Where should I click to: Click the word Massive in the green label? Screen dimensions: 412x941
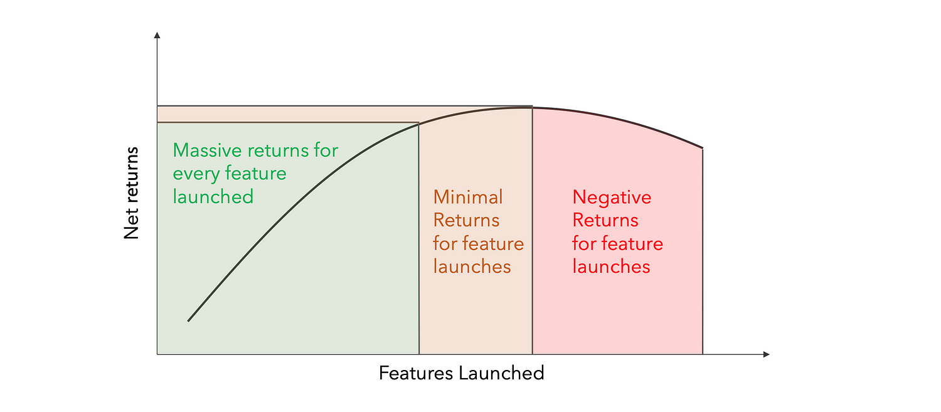pyautogui.click(x=208, y=151)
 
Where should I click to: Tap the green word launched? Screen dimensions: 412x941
pyautogui.click(x=213, y=197)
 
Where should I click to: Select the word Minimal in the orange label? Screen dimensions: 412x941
pyautogui.click(x=468, y=198)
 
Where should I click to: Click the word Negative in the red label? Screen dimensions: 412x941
pyautogui.click(x=612, y=198)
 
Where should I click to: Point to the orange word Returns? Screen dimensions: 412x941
pyautogui.click(x=466, y=221)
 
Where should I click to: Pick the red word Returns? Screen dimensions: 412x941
pyautogui.click(x=605, y=221)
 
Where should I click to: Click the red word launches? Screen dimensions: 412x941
pyautogui.click(x=611, y=267)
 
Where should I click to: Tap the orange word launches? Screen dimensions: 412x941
pyautogui.click(x=472, y=267)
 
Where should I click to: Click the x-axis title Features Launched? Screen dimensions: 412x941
pyautogui.click(x=461, y=374)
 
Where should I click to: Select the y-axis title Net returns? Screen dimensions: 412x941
pyautogui.click(x=131, y=193)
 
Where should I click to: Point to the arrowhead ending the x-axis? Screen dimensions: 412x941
pyautogui.click(x=766, y=355)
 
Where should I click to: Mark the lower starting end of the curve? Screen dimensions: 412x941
pyautogui.click(x=188, y=321)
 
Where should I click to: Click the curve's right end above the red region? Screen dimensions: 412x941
pyautogui.click(x=703, y=149)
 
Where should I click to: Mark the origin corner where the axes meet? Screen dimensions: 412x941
pyautogui.click(x=157, y=355)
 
